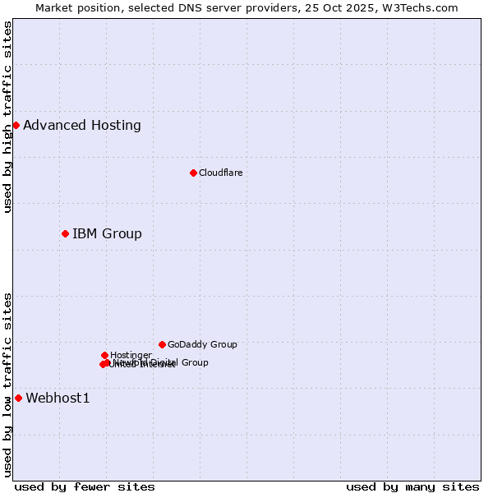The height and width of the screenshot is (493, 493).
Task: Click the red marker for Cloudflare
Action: point(193,173)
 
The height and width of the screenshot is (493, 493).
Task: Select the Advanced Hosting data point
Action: point(16,125)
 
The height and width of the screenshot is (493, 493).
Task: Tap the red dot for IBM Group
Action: point(65,233)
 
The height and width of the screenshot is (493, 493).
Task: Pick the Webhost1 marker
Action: point(18,398)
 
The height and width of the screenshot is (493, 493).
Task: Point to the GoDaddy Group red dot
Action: point(162,344)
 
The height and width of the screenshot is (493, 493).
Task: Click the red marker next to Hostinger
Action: point(104,355)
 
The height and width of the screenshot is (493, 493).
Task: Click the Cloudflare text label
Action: point(220,173)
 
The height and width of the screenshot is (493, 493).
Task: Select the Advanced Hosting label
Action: point(82,126)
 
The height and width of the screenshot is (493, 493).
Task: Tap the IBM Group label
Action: point(107,234)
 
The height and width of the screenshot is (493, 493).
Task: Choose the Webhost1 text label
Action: point(58,399)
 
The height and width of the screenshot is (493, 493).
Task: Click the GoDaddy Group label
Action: point(202,345)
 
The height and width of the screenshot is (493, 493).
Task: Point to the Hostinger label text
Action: point(131,355)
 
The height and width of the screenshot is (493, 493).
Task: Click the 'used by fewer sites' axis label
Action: point(85,486)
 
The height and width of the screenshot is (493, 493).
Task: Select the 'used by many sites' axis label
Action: point(412,486)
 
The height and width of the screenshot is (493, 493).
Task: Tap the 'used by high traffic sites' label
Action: point(7,117)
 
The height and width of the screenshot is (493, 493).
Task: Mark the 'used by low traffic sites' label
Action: point(7,384)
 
